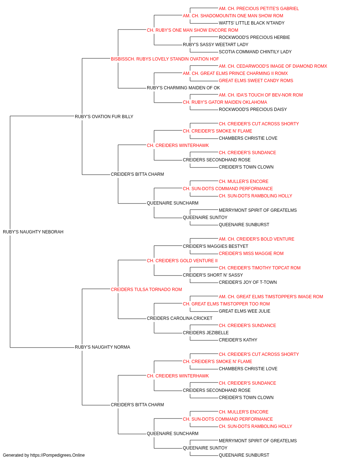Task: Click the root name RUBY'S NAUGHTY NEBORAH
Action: pyautogui.click(x=33, y=232)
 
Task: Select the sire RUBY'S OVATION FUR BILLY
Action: pyautogui.click(x=104, y=116)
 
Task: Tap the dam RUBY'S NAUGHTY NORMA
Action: pyautogui.click(x=102, y=347)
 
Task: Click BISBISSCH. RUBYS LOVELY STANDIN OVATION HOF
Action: pyautogui.click(x=165, y=59)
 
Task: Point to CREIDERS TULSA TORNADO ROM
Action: pyautogui.click(x=146, y=289)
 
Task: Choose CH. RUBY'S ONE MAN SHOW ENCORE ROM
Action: pyautogui.click(x=193, y=30)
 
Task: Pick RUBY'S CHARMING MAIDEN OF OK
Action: pyautogui.click(x=183, y=88)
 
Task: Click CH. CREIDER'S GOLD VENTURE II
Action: pyautogui.click(x=182, y=260)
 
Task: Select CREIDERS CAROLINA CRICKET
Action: pyautogui.click(x=180, y=318)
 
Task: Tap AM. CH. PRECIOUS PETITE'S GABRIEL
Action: pyautogui.click(x=258, y=9)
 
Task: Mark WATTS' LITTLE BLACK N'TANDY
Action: pyautogui.click(x=252, y=23)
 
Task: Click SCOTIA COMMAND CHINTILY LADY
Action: pyautogui.click(x=255, y=52)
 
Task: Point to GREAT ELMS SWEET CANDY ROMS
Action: pyautogui.click(x=256, y=81)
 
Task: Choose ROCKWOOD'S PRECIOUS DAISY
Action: pyautogui.click(x=253, y=109)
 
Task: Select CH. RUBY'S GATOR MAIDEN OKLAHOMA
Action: pyautogui.click(x=225, y=102)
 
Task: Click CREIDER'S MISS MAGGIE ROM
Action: pyautogui.click(x=251, y=253)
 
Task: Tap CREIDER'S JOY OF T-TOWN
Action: pyautogui.click(x=248, y=282)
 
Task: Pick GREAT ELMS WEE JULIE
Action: pyautogui.click(x=244, y=311)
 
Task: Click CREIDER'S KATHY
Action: pyautogui.click(x=238, y=340)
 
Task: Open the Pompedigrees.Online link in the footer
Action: pyautogui.click(x=57, y=455)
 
